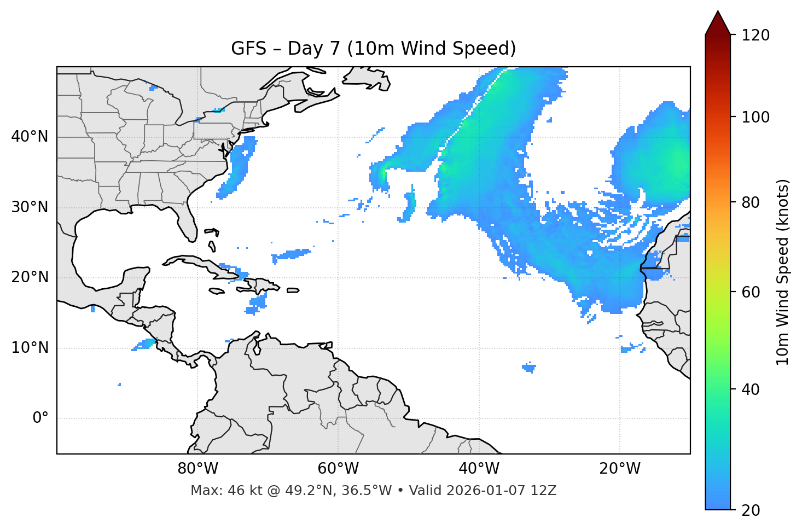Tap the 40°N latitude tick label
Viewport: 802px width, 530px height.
click(x=30, y=137)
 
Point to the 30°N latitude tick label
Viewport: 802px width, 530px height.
click(x=30, y=207)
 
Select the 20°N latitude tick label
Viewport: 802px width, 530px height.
click(x=30, y=277)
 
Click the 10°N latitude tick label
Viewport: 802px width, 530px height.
click(x=30, y=348)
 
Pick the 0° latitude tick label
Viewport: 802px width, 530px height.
click(x=40, y=418)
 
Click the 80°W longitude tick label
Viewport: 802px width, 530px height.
click(x=197, y=469)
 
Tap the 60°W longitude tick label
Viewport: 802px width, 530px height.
click(x=338, y=469)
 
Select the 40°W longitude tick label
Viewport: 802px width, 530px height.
click(x=479, y=469)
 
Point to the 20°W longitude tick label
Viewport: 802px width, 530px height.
click(x=619, y=469)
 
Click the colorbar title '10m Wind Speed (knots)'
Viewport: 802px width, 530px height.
click(x=783, y=272)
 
